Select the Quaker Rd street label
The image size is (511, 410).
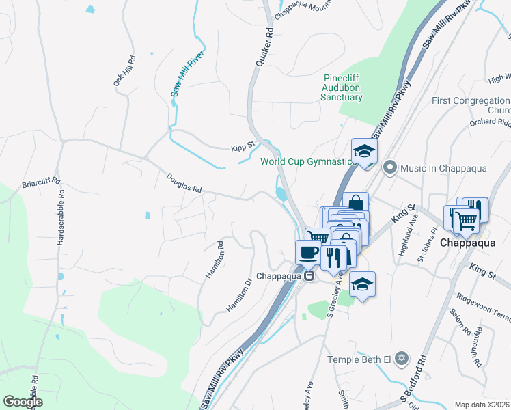(264, 46)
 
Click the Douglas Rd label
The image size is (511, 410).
(184, 182)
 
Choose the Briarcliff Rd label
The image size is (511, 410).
(41, 184)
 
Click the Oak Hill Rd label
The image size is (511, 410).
(124, 70)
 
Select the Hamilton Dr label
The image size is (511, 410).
(238, 295)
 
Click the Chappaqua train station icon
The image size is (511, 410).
(309, 277)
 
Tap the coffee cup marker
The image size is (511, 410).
(307, 251)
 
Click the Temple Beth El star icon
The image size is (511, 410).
(402, 358)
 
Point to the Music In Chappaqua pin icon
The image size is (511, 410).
(390, 167)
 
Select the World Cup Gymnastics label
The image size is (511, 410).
(309, 162)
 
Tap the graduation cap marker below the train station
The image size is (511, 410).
(362, 284)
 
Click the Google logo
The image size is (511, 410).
(22, 402)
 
